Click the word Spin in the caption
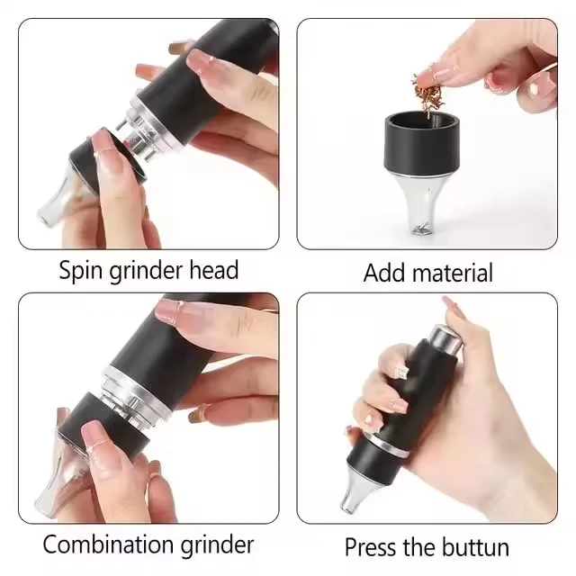point(81,270)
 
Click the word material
point(454,273)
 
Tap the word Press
point(372,546)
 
